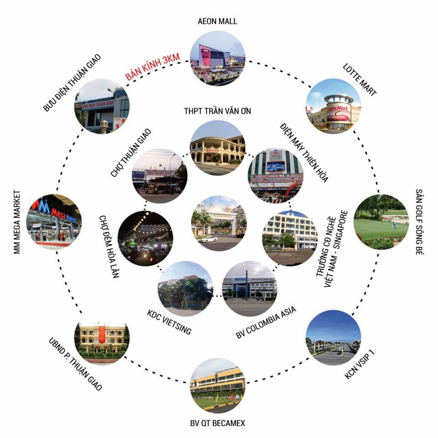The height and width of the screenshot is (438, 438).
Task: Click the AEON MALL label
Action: pyautogui.click(x=217, y=21)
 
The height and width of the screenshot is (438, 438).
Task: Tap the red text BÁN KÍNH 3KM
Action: pyautogui.click(x=152, y=67)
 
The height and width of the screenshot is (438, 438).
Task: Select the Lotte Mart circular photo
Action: pyautogui.click(x=333, y=106)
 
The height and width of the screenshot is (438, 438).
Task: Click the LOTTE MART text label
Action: pyautogui.click(x=360, y=80)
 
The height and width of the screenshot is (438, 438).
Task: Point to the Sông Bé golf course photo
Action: pyautogui.click(x=381, y=222)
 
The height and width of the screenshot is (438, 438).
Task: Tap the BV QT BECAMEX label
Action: pyautogui.click(x=218, y=423)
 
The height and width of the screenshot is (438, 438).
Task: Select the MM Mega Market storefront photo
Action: pyautogui.click(x=54, y=222)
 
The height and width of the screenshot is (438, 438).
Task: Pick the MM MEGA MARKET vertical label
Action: pyautogui.click(x=17, y=222)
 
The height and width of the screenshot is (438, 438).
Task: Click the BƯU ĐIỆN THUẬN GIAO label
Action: pyautogui.click(x=72, y=83)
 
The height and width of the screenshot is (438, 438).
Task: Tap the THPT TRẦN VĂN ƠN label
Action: pyautogui.click(x=218, y=111)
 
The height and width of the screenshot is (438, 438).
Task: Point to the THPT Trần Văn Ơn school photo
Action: pyautogui.click(x=218, y=148)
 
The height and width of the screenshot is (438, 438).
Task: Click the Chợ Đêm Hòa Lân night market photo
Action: pyautogui.click(x=145, y=238)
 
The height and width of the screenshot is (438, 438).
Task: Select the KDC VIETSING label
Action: pyautogui.click(x=169, y=322)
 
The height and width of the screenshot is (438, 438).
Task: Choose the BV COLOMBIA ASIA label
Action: pyautogui.click(x=266, y=323)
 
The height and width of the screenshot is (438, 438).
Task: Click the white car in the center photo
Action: pyautogui.click(x=208, y=239)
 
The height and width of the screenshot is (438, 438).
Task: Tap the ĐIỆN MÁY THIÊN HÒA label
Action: pyautogui.click(x=304, y=152)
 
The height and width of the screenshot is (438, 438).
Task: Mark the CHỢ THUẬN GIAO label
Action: pyautogui.click(x=131, y=153)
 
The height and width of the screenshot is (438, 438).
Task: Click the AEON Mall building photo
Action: pyautogui.click(x=218, y=58)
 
